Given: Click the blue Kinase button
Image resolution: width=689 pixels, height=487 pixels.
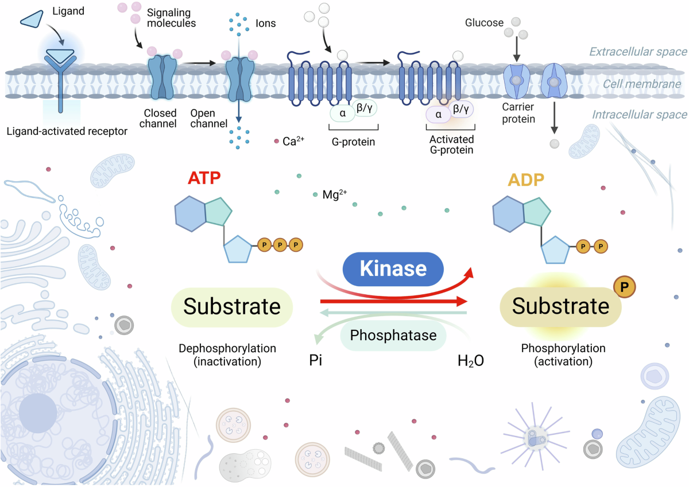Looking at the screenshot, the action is [393, 269].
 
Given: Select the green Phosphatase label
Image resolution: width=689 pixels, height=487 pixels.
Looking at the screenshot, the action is [393, 335].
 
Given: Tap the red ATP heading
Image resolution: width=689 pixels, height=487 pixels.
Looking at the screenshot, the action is [204, 178].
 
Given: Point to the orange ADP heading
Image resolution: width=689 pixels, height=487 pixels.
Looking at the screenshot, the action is [526, 180].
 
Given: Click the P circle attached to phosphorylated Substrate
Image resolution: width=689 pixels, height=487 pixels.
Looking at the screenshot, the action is [625, 287].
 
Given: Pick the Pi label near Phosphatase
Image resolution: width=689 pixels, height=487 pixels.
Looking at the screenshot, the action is [316, 360].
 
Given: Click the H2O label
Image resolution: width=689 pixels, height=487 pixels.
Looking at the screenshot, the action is [471, 361].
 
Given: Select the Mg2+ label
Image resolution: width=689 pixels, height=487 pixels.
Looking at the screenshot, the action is [335, 194].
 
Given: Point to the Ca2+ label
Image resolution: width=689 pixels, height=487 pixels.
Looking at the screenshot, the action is [293, 141].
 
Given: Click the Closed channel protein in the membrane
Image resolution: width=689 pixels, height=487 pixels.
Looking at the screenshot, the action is [162, 77].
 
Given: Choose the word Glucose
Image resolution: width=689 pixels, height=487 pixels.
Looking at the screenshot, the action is [484, 23].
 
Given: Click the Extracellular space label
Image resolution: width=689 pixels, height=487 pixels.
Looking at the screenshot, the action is [638, 52].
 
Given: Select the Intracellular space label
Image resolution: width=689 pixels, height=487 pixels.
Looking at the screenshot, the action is [640, 115].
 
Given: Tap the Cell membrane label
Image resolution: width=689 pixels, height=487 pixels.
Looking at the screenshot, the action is [642, 84].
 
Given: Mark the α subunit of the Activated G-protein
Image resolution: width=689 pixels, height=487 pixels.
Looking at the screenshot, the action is [438, 115].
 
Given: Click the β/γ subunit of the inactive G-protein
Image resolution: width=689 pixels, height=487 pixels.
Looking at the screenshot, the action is [365, 108].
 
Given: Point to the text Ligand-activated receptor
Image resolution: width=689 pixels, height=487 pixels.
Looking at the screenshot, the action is [67, 131].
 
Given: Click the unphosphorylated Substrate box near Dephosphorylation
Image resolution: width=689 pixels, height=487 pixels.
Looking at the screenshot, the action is [232, 307].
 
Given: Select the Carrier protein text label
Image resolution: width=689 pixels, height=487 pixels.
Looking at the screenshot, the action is [518, 113].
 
